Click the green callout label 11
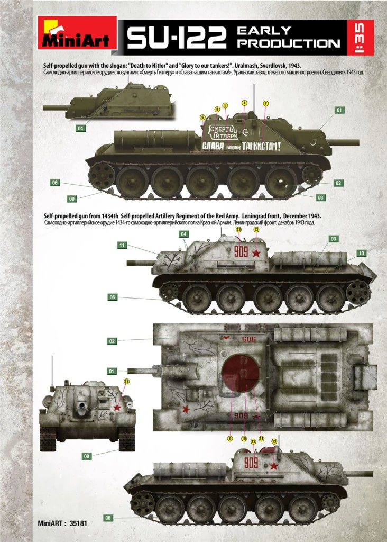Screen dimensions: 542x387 tap(122, 245)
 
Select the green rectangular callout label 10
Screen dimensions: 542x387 tap(361, 254)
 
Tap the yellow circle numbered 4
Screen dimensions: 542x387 tap(244, 103)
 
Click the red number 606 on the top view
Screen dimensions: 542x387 tap(248, 340)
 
